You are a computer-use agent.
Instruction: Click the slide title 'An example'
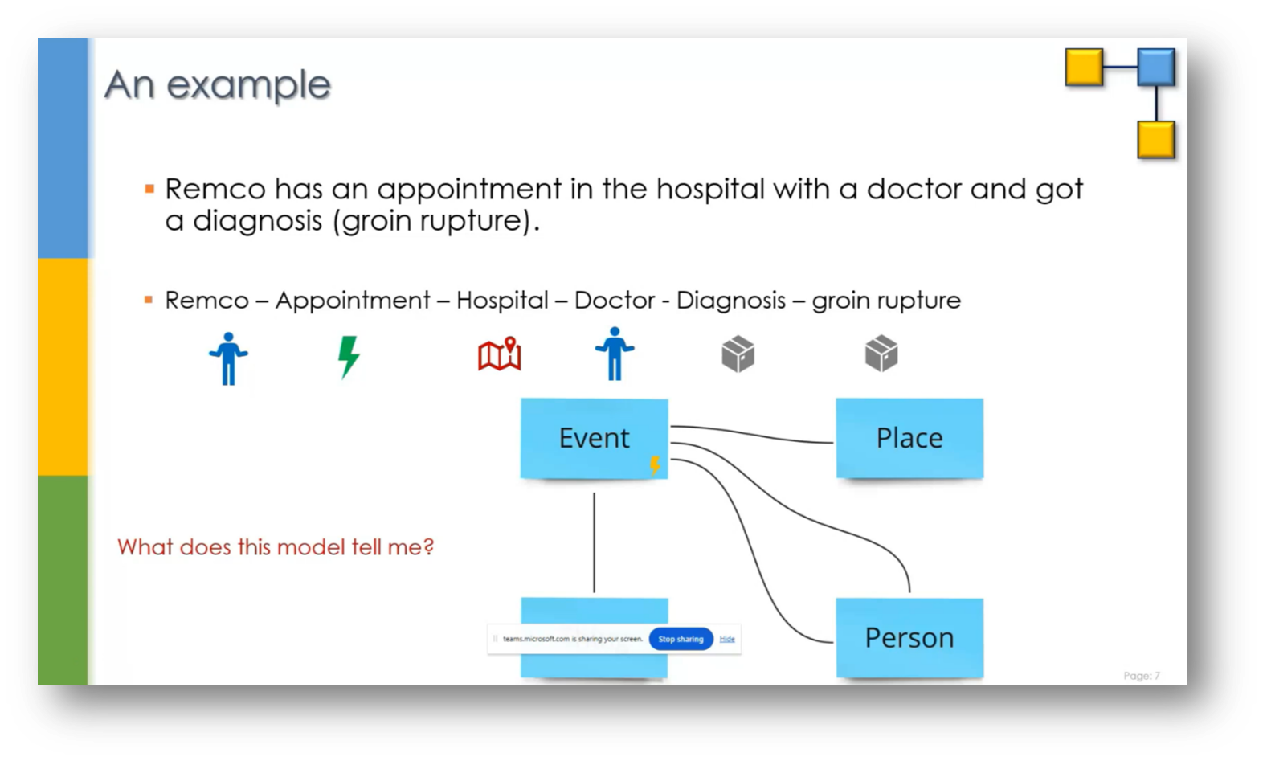click(217, 85)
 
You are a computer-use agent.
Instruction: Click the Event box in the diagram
click(594, 438)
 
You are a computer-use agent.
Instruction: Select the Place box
click(909, 438)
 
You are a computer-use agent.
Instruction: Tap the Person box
click(909, 637)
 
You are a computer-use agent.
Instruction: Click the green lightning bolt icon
click(348, 356)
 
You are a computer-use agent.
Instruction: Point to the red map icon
click(500, 354)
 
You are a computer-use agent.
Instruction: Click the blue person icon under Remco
click(228, 358)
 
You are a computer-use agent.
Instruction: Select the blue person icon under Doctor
click(615, 354)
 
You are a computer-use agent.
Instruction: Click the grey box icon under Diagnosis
click(738, 354)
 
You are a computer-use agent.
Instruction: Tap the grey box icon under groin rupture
click(881, 354)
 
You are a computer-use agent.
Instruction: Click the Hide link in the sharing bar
click(727, 639)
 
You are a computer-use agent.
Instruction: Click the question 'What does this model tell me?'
click(276, 547)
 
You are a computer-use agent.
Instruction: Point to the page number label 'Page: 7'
click(1141, 676)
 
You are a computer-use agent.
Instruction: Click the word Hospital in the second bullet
click(502, 301)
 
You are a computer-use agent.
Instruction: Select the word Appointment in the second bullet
click(353, 301)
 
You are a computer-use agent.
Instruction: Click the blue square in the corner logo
click(1156, 68)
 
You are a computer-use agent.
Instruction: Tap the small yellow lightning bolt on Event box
click(655, 464)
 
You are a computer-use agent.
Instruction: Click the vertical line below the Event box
click(594, 542)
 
